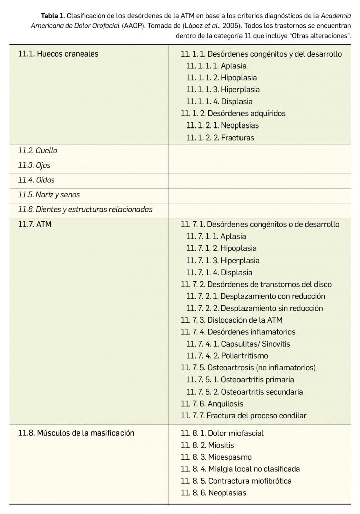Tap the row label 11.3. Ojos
pos(34,165)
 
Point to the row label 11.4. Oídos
pos(36,180)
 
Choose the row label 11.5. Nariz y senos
pos(49,194)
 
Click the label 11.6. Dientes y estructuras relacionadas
pos(85,209)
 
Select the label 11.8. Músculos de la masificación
pos(76,433)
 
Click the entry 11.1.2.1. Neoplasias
pos(222,125)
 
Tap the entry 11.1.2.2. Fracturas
pos(220,138)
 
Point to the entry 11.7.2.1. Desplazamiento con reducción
pos(256,296)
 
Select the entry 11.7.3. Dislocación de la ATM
pos(231,320)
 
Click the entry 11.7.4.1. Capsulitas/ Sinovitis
pos(238,344)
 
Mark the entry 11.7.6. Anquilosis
pos(211,404)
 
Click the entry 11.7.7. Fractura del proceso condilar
pos(243,416)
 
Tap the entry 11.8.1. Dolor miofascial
pos(222,433)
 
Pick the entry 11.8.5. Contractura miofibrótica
pos(236,481)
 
